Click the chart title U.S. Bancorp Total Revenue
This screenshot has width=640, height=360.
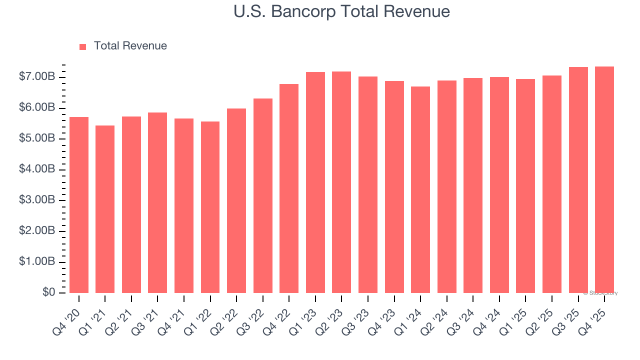pyautogui.click(x=341, y=11)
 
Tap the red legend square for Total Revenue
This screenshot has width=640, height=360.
pyautogui.click(x=83, y=46)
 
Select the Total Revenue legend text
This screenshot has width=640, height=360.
pyautogui.click(x=130, y=46)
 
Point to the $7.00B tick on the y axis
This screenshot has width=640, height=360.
pyautogui.click(x=37, y=77)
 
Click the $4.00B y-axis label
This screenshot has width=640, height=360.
pyautogui.click(x=37, y=169)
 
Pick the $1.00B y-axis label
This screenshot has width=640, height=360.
pyautogui.click(x=37, y=262)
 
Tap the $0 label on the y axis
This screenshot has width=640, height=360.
pyautogui.click(x=48, y=292)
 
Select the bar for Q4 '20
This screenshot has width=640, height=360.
pyautogui.click(x=79, y=205)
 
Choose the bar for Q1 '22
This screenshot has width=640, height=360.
pyautogui.click(x=210, y=207)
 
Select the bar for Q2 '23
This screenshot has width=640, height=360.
pyautogui.click(x=341, y=182)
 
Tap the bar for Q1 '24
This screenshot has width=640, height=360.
pyautogui.click(x=420, y=189)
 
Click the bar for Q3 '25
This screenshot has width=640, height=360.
pyautogui.click(x=578, y=180)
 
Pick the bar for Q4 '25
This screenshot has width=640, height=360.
pyautogui.click(x=604, y=179)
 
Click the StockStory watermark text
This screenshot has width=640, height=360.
pyautogui.click(x=600, y=293)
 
